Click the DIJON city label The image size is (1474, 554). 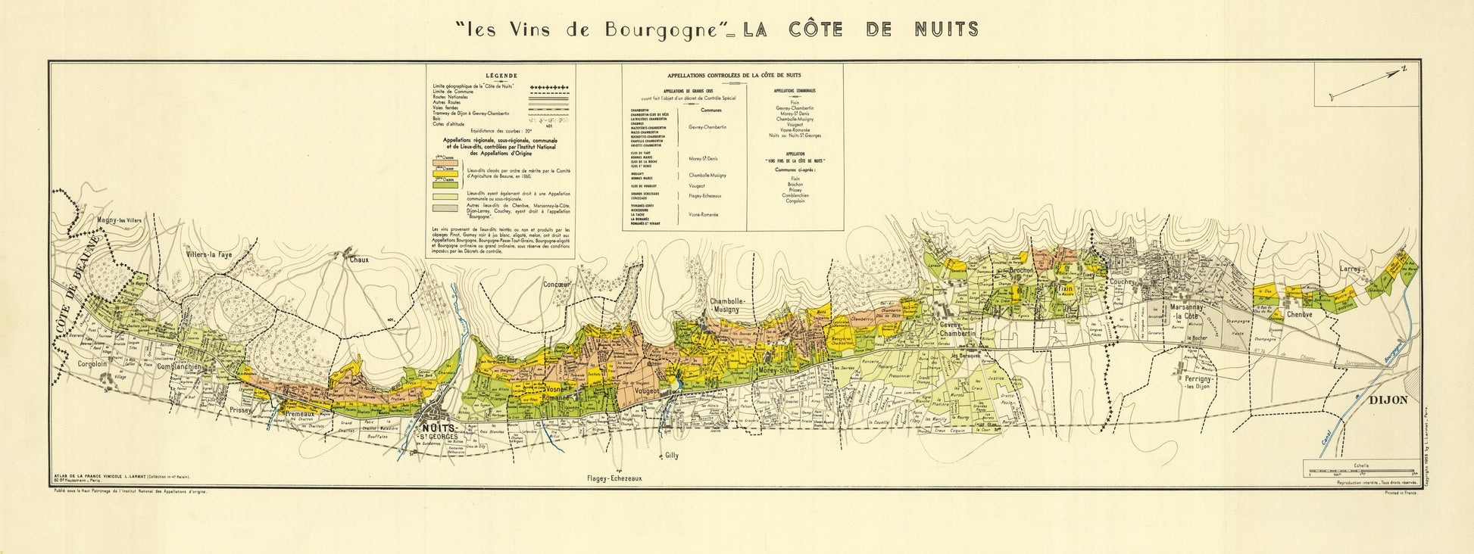1388,400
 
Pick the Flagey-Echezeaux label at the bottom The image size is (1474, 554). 614,479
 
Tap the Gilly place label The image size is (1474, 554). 670,456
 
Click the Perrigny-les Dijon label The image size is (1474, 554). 1203,381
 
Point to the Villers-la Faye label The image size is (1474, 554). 208,255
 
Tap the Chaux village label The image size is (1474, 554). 358,260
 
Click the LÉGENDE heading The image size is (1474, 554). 501,76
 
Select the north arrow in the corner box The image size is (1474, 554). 1367,83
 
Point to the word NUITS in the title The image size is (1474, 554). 946,30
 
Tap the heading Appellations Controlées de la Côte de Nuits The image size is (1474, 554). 734,76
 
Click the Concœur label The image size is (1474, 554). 557,285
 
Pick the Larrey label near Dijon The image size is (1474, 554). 1350,269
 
